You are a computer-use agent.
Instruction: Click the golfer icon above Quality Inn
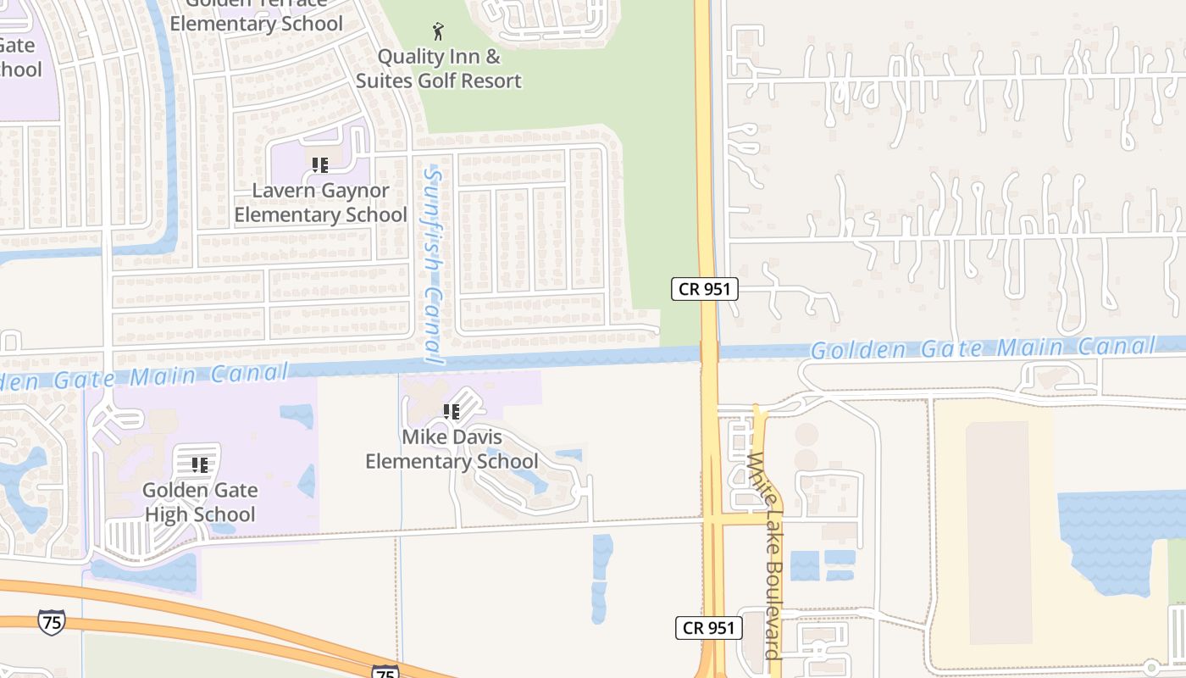(x=437, y=32)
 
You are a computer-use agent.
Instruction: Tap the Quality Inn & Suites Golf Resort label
(x=438, y=69)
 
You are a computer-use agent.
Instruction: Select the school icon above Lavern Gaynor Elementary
(x=319, y=165)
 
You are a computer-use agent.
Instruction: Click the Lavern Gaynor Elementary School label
(x=320, y=203)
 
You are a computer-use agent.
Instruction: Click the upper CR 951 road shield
(x=705, y=289)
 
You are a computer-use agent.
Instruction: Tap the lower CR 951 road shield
(x=709, y=628)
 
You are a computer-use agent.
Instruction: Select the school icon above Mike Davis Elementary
(x=452, y=412)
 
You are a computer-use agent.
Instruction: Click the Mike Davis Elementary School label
(x=452, y=449)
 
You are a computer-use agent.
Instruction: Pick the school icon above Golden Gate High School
(x=200, y=465)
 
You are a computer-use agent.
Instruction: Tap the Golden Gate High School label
(x=200, y=502)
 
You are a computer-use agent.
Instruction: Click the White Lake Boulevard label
(x=764, y=555)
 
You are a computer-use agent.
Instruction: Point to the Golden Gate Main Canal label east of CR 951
(x=983, y=347)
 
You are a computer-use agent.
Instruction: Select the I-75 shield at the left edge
(x=51, y=623)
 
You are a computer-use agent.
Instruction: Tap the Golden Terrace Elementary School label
(x=257, y=15)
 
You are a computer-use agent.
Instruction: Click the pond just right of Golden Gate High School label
(x=307, y=481)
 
